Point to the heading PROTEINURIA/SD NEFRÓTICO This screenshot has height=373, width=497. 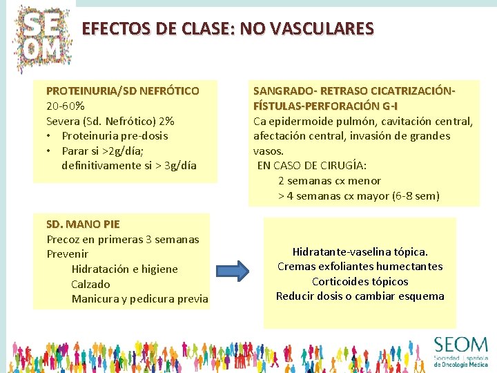[x=123, y=90]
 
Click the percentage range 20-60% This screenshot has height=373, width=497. [x=66, y=106]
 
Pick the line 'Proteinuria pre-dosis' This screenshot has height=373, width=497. [x=115, y=135]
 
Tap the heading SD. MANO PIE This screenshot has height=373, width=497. [x=83, y=224]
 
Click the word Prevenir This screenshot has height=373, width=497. [x=68, y=254]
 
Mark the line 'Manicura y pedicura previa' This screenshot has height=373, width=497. [x=139, y=298]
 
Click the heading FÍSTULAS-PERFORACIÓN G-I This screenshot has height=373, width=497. [x=325, y=106]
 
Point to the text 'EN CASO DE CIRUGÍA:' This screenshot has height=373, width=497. [x=312, y=165]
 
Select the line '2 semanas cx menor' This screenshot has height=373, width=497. [x=329, y=180]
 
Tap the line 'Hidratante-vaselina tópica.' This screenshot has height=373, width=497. [x=360, y=251]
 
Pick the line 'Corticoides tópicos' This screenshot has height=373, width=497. [x=360, y=281]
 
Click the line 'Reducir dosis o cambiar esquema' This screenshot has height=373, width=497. [x=360, y=296]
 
